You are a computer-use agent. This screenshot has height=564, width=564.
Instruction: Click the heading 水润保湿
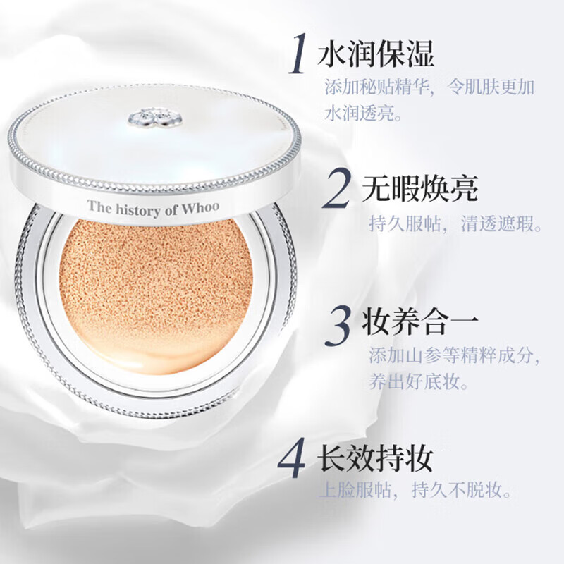(376, 54)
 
